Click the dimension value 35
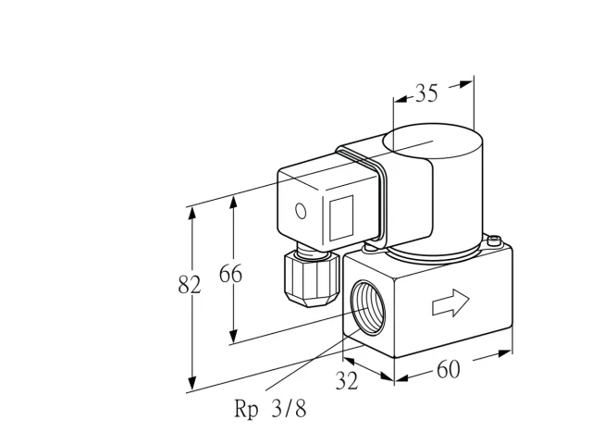tap(426, 92)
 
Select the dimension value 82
tap(189, 285)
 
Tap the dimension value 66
tap(230, 274)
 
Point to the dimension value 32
tap(347, 380)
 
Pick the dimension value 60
tap(449, 369)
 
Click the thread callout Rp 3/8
tap(270, 409)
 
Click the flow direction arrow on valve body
tap(450, 302)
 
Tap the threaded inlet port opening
tap(368, 308)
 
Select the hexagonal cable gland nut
tap(312, 279)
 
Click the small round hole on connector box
tap(301, 211)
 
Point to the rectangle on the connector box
tap(341, 218)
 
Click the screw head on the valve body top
tap(494, 240)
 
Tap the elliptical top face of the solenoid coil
tap(433, 142)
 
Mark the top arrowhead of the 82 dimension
tap(192, 213)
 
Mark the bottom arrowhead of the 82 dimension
tap(192, 383)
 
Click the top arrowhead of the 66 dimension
tap(233, 202)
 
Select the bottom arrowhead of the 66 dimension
tap(233, 336)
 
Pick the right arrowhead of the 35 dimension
tap(466, 84)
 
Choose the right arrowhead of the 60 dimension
tap(505, 353)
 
